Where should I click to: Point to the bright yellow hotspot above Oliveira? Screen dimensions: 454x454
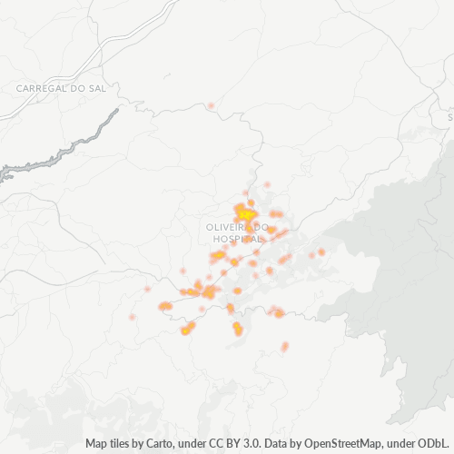(243, 213)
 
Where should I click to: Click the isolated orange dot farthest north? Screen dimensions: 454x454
(211, 106)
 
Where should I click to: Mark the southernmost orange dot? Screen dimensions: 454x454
(284, 346)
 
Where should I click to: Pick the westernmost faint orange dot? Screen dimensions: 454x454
(132, 317)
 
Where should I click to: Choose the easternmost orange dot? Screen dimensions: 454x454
(321, 252)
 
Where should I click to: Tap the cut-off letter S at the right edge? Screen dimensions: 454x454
(450, 117)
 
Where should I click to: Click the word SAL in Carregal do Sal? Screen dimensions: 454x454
(94, 88)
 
